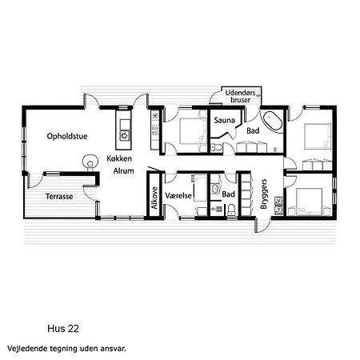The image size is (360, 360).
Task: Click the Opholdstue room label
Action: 67,136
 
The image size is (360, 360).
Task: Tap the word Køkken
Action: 119,158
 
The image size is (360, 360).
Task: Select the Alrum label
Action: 123,170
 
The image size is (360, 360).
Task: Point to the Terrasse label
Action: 59,197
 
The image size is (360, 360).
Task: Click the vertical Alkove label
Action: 154,198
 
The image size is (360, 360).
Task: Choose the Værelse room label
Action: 178,196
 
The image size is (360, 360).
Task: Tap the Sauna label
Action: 224,120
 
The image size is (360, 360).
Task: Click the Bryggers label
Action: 263,194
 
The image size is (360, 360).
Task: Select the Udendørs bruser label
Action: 241,96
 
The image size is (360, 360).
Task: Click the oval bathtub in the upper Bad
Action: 273,121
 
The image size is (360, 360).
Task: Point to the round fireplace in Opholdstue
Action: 90,162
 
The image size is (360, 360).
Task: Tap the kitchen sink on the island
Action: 125,135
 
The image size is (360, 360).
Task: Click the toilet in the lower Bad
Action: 231,210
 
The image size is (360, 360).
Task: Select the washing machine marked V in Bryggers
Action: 278,200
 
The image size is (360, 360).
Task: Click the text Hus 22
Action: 63,329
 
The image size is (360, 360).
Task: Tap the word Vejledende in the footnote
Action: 24,349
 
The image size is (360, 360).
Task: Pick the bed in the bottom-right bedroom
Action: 310,201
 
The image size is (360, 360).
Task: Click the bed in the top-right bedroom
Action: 318,136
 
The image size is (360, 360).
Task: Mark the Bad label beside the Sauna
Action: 253,130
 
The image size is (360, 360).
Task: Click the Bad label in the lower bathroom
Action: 229,194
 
